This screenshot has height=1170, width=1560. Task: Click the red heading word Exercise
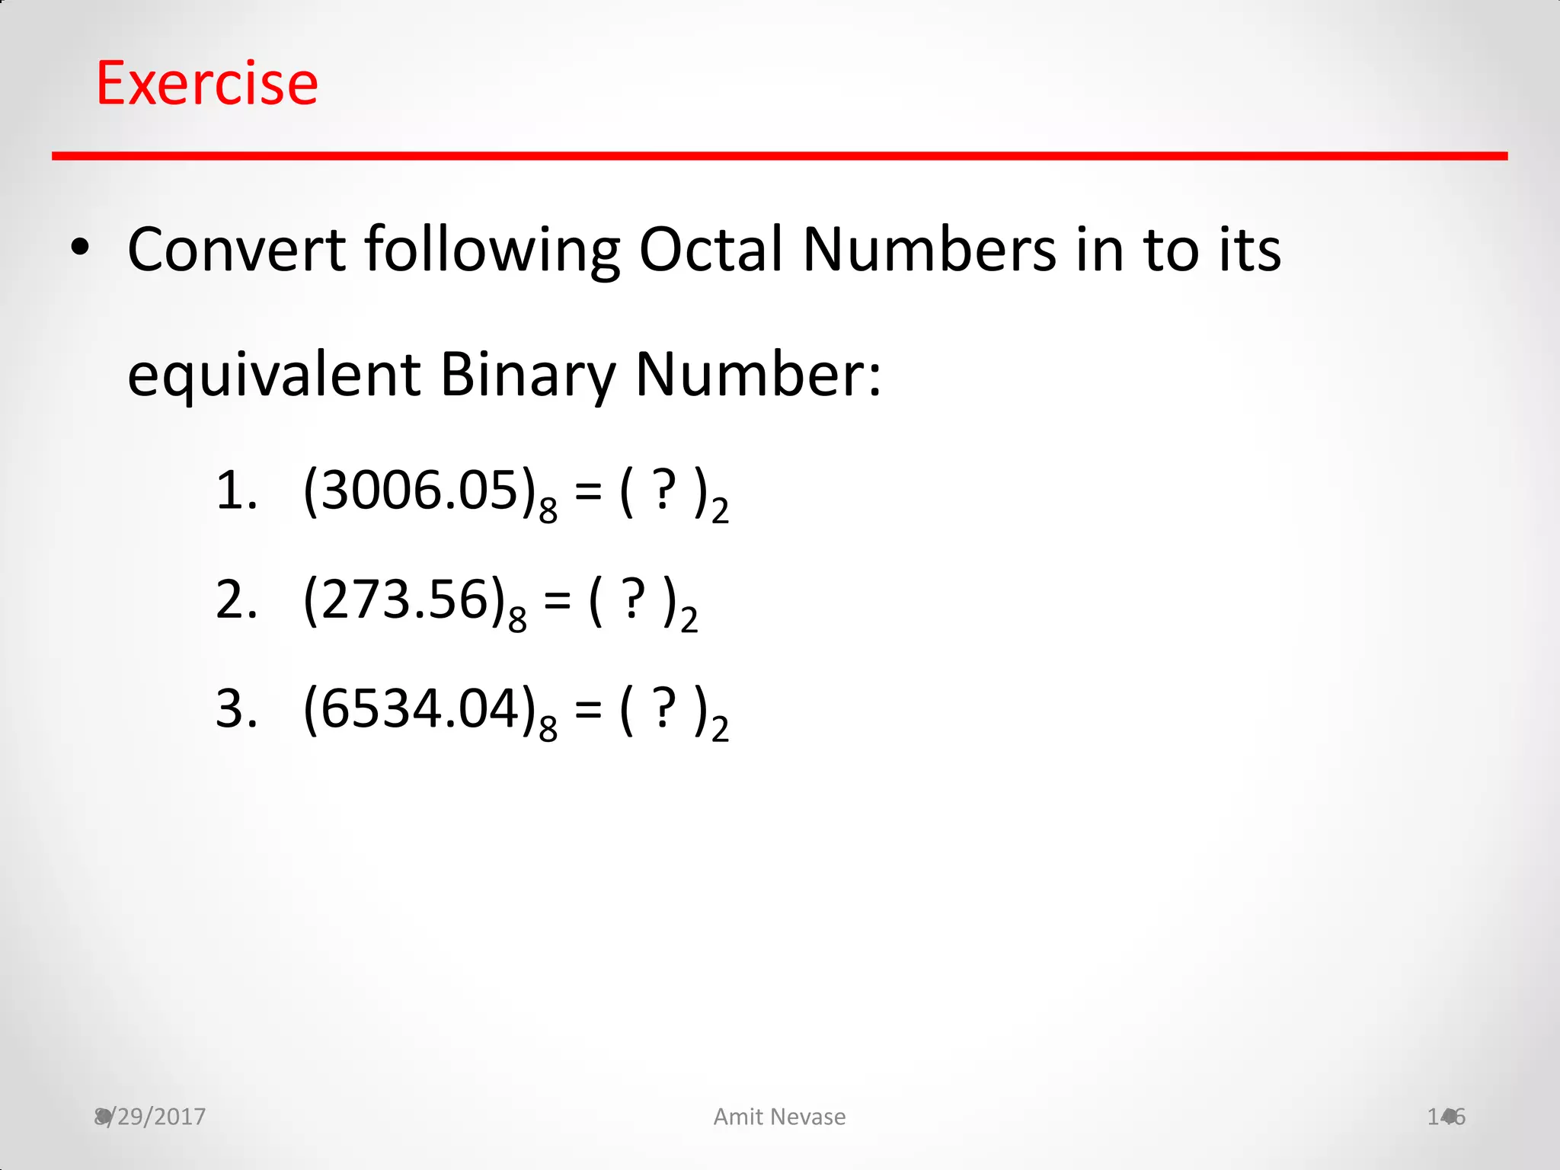coord(207,83)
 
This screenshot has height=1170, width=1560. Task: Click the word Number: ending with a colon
coord(759,375)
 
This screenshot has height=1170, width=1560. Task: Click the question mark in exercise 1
coord(664,491)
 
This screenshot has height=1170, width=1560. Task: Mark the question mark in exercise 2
coord(633,600)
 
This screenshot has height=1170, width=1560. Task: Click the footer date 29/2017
coord(156,1117)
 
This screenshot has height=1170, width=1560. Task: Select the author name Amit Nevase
coord(779,1117)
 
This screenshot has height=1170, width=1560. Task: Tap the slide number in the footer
coord(1446,1117)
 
